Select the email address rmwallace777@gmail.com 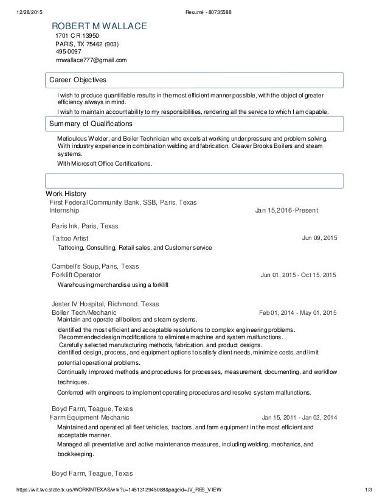click(x=91, y=60)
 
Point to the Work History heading click(x=62, y=194)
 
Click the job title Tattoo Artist click(x=70, y=237)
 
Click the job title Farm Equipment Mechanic click(x=89, y=418)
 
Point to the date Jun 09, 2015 click(x=319, y=237)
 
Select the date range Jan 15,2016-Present click(x=286, y=211)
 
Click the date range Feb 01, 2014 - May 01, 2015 click(x=297, y=313)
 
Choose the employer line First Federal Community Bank click(x=122, y=202)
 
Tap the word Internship click(x=63, y=210)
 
